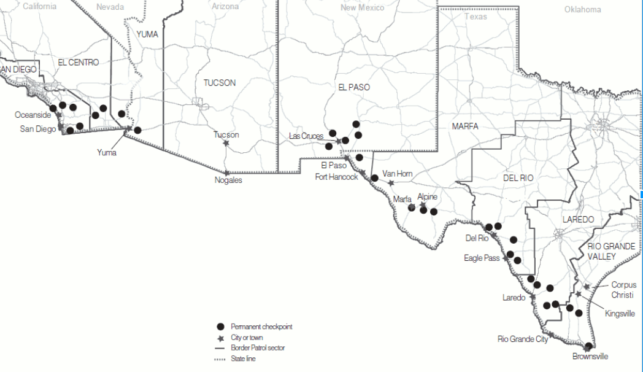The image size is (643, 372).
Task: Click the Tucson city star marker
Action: click(226, 144)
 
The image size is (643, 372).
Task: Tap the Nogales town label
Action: click(228, 180)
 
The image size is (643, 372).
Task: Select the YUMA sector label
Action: click(147, 34)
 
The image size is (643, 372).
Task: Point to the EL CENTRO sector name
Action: click(79, 63)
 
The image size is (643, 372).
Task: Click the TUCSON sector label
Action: click(219, 83)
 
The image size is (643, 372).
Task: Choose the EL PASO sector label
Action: click(354, 87)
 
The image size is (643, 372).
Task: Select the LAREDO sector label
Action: click(578, 219)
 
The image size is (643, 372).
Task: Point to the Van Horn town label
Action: click(397, 174)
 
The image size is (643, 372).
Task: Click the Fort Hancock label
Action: click(336, 177)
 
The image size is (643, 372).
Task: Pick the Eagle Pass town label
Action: click(482, 258)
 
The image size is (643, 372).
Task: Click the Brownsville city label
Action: click(590, 356)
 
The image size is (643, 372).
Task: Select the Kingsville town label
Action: click(620, 314)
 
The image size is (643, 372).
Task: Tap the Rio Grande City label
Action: click(522, 339)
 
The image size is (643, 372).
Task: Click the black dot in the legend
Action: click(220, 327)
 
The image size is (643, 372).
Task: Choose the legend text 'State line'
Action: click(243, 358)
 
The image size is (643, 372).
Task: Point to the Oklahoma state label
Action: click(582, 9)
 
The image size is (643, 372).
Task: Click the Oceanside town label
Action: click(33, 115)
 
